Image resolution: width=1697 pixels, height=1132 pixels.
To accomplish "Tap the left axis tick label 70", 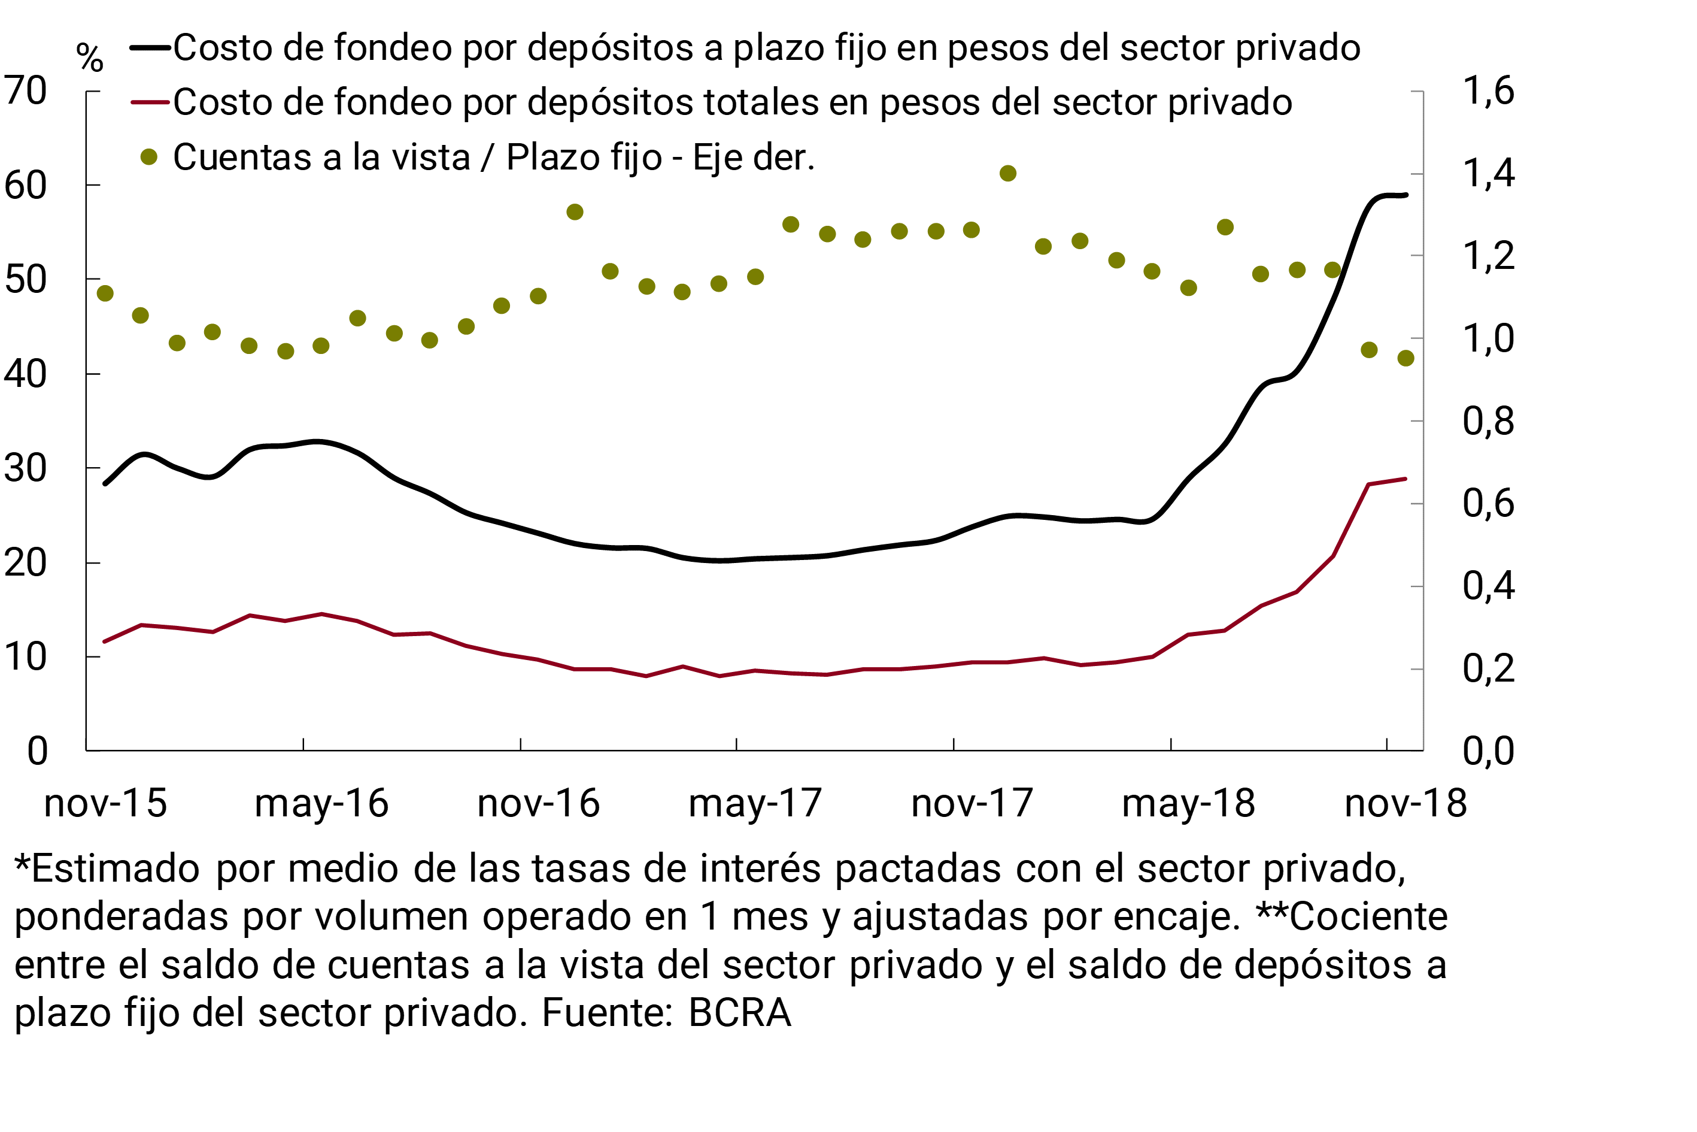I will [x=26, y=91].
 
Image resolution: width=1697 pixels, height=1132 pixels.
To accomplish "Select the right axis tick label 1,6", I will [x=1487, y=91].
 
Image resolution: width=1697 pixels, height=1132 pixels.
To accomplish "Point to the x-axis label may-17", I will [x=755, y=804].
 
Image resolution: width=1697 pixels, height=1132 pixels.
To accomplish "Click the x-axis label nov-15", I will [x=105, y=804].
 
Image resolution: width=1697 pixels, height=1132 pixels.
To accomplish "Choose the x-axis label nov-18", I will [x=1405, y=804].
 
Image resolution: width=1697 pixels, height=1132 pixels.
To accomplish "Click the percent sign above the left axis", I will [x=89, y=57].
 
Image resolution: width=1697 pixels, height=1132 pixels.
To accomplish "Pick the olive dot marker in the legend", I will [x=148, y=158].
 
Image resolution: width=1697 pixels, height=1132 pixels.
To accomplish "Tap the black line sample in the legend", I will [x=150, y=49].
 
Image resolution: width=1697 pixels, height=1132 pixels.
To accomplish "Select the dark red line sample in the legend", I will [x=150, y=102].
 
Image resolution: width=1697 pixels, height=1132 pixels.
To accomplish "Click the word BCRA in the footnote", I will [x=739, y=1012].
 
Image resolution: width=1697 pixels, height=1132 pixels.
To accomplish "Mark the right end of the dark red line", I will [x=1405, y=479].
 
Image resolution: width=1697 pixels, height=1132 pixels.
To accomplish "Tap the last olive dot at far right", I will [x=1405, y=358].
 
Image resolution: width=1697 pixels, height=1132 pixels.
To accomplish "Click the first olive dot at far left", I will [x=105, y=293].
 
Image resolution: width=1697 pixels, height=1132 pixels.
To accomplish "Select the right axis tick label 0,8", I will [x=1487, y=421].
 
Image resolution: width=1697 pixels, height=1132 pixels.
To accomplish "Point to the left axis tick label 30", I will [x=26, y=468].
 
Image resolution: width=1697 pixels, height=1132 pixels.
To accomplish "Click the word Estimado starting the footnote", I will [x=116, y=868].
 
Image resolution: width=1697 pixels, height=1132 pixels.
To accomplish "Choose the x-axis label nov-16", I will [x=538, y=804].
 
